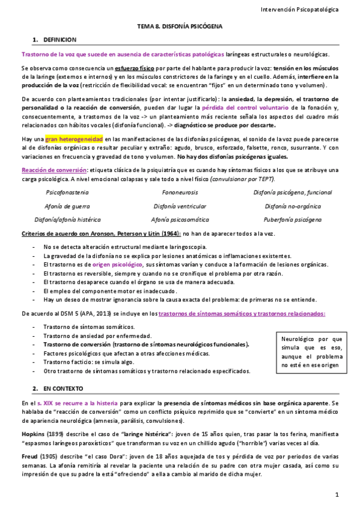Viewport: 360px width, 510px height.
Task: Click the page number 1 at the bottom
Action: pyautogui.click(x=337, y=494)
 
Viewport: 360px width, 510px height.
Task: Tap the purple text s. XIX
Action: pyautogui.click(x=47, y=402)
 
